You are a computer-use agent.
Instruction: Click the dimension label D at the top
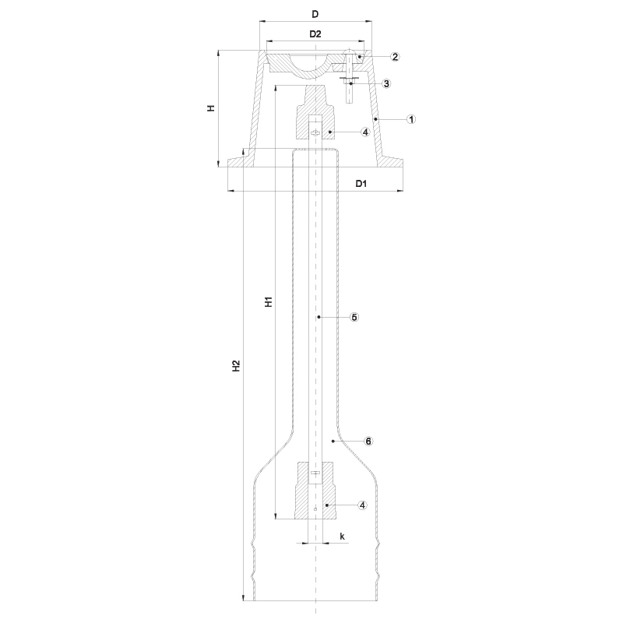(x=315, y=14)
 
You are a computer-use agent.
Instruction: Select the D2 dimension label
(x=315, y=34)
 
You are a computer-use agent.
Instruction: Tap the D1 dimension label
(x=361, y=184)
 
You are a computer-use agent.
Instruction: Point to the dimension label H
(x=211, y=107)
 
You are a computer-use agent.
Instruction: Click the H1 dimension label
(x=269, y=301)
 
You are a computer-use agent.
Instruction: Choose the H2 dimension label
(x=236, y=366)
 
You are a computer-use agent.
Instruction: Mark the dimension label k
(x=343, y=537)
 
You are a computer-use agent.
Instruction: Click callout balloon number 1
(x=411, y=119)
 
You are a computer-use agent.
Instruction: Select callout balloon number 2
(x=395, y=57)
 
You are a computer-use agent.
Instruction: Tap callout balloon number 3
(x=386, y=83)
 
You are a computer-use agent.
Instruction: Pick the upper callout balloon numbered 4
(x=365, y=132)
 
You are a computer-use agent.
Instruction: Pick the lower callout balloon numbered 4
(x=362, y=505)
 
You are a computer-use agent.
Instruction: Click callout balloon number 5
(x=354, y=317)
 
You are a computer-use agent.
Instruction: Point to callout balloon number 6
(x=368, y=441)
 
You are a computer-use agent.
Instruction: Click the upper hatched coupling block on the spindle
(x=315, y=112)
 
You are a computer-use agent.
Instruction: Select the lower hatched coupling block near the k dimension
(x=315, y=491)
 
